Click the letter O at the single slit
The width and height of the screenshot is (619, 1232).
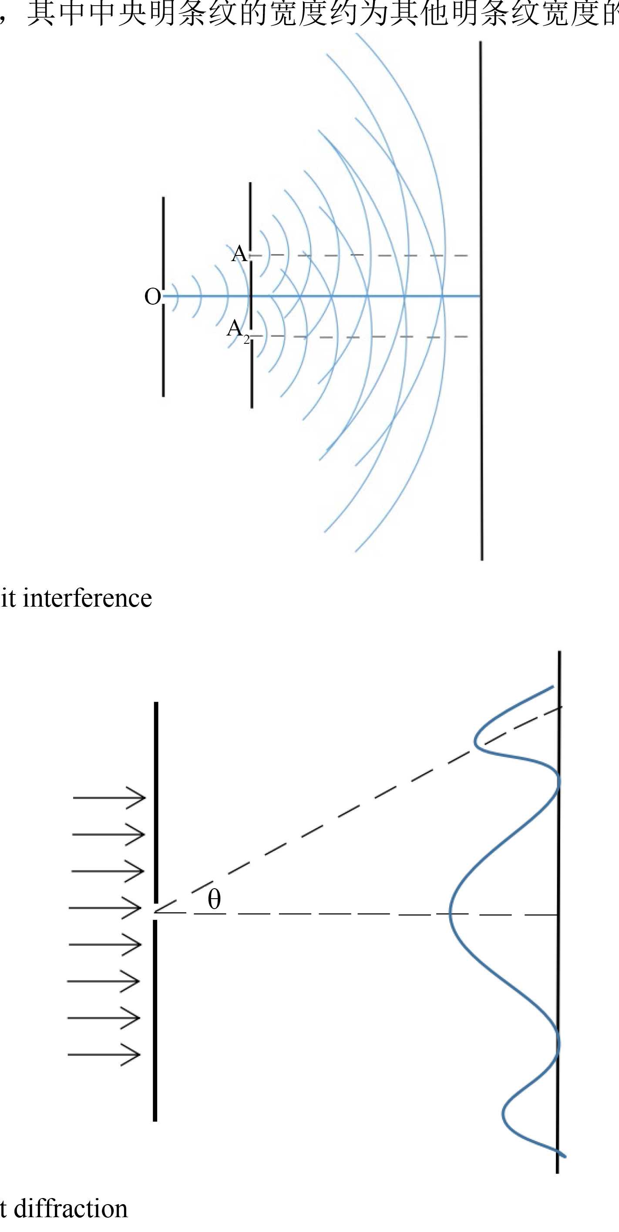coord(153,297)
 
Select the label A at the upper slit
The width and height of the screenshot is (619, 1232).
coord(239,254)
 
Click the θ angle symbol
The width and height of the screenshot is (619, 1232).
coord(214,899)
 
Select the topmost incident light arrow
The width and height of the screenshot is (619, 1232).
coord(109,798)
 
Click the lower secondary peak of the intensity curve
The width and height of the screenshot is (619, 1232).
coord(504,1115)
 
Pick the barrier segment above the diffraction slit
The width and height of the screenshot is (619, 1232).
coord(156,803)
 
